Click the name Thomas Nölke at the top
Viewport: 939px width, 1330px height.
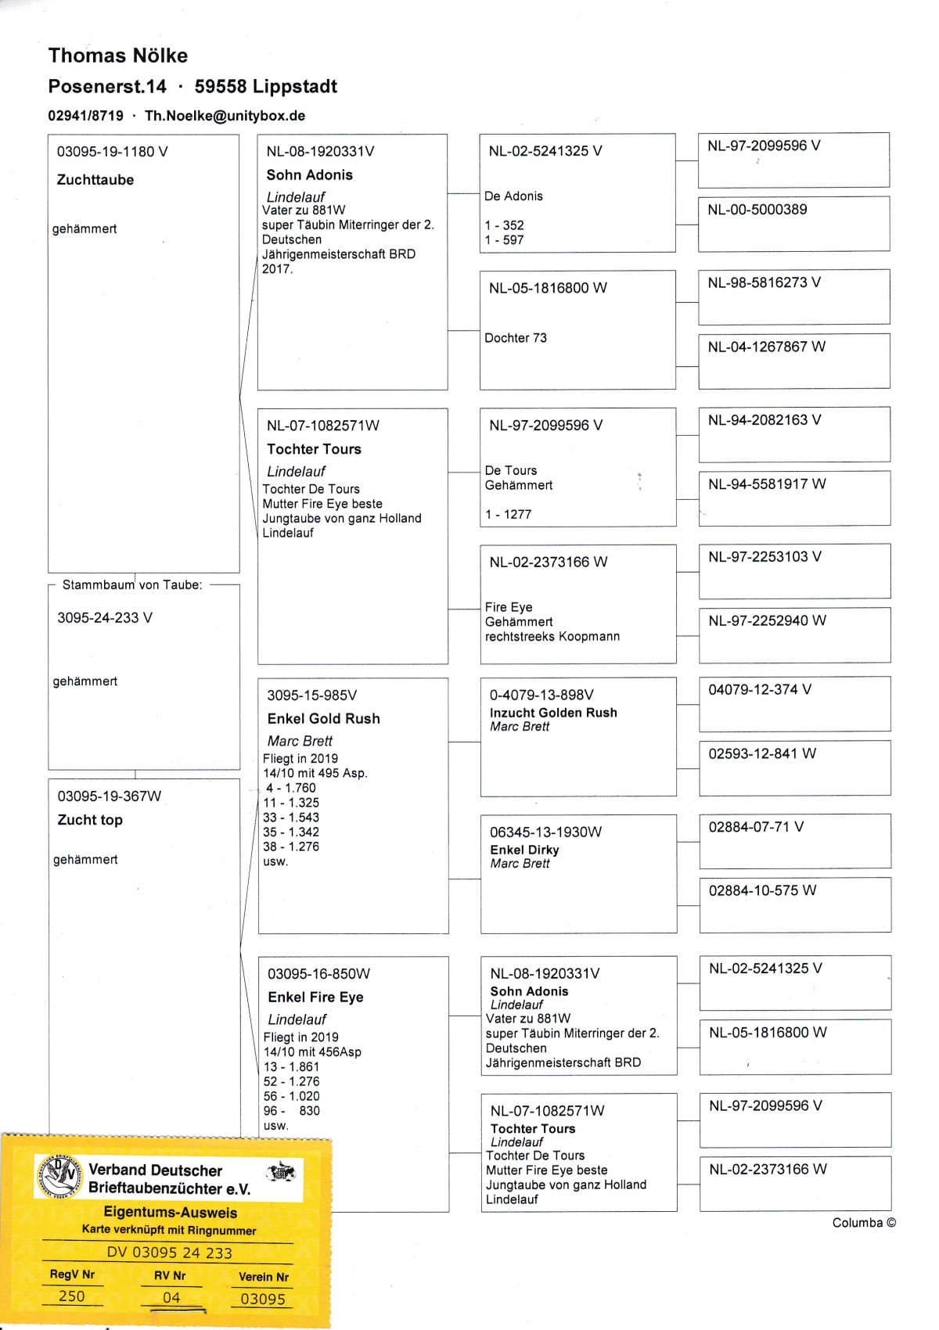[118, 56]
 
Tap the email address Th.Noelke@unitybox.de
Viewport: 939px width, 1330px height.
[225, 116]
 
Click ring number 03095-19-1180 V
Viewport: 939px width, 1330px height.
[112, 152]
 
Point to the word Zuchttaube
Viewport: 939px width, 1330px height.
[95, 180]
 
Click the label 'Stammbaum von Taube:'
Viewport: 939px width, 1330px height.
[132, 584]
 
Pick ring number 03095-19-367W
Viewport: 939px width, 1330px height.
[110, 796]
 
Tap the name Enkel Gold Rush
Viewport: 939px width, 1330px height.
[323, 718]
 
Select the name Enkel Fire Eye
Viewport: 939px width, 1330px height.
[315, 997]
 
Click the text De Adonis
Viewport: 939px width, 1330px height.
[513, 196]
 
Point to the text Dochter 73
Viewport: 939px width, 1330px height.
[516, 338]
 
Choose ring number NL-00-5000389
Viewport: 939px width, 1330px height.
[757, 210]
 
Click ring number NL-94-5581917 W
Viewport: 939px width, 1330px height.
[767, 484]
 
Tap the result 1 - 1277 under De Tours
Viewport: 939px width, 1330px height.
[508, 514]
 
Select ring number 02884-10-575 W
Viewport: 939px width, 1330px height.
[762, 890]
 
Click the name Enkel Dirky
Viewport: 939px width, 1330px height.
[524, 850]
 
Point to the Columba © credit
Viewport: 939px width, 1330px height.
[864, 1223]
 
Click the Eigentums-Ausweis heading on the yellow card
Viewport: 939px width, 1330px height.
[171, 1213]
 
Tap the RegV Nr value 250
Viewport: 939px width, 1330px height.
[72, 1296]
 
